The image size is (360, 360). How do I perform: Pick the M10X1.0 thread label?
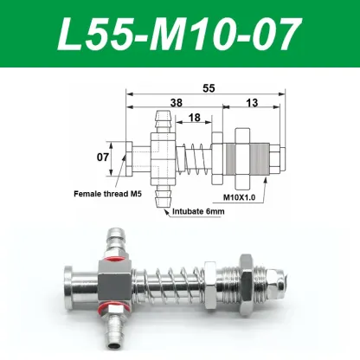(x=241, y=198)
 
